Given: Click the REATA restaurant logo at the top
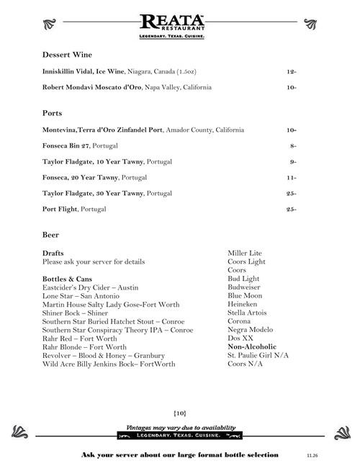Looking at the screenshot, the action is (173, 26).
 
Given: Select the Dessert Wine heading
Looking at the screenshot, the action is (67, 55).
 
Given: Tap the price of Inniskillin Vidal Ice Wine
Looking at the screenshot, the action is (291, 71).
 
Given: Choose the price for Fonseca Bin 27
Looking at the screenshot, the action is (293, 145).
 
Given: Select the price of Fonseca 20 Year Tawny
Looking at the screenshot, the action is (292, 177).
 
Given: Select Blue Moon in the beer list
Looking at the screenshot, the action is (245, 295).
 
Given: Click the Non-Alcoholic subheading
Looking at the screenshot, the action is (252, 346).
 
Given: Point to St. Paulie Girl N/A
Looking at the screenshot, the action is (258, 355).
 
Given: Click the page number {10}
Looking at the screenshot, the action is (180, 412).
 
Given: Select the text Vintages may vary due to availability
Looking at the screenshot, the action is (180, 427).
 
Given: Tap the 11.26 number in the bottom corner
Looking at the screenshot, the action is (312, 456).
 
